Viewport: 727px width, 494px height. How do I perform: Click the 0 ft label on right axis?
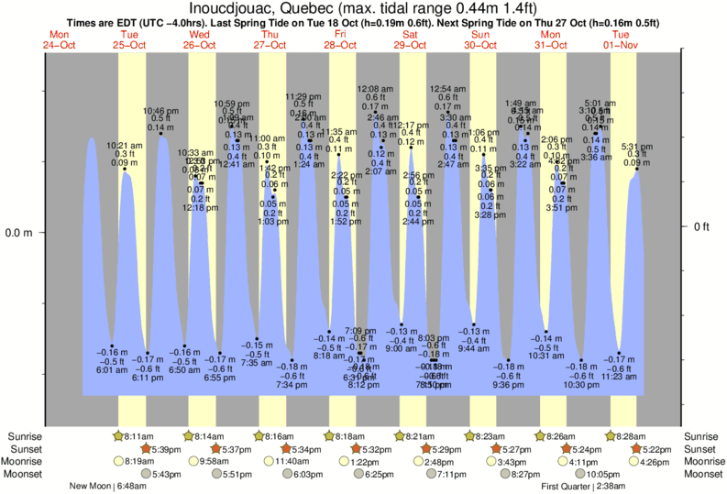tap(701, 226)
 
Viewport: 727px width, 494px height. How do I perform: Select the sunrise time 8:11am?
tap(140, 436)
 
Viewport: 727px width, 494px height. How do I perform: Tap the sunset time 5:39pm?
tap(140, 449)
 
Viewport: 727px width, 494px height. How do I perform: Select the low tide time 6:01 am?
tap(113, 369)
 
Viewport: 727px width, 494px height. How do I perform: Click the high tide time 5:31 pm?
tap(637, 146)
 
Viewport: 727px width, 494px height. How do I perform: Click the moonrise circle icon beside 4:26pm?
tap(607, 461)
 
